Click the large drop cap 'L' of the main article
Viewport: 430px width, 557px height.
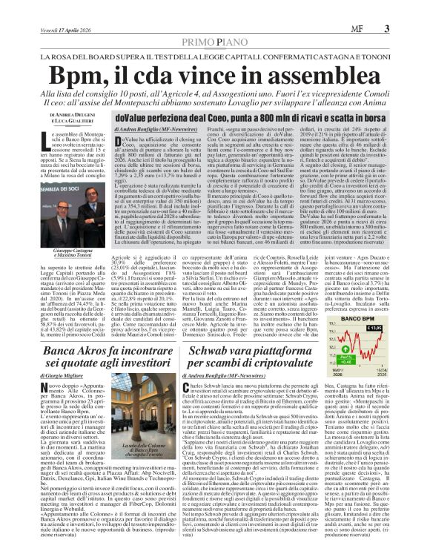53,140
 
